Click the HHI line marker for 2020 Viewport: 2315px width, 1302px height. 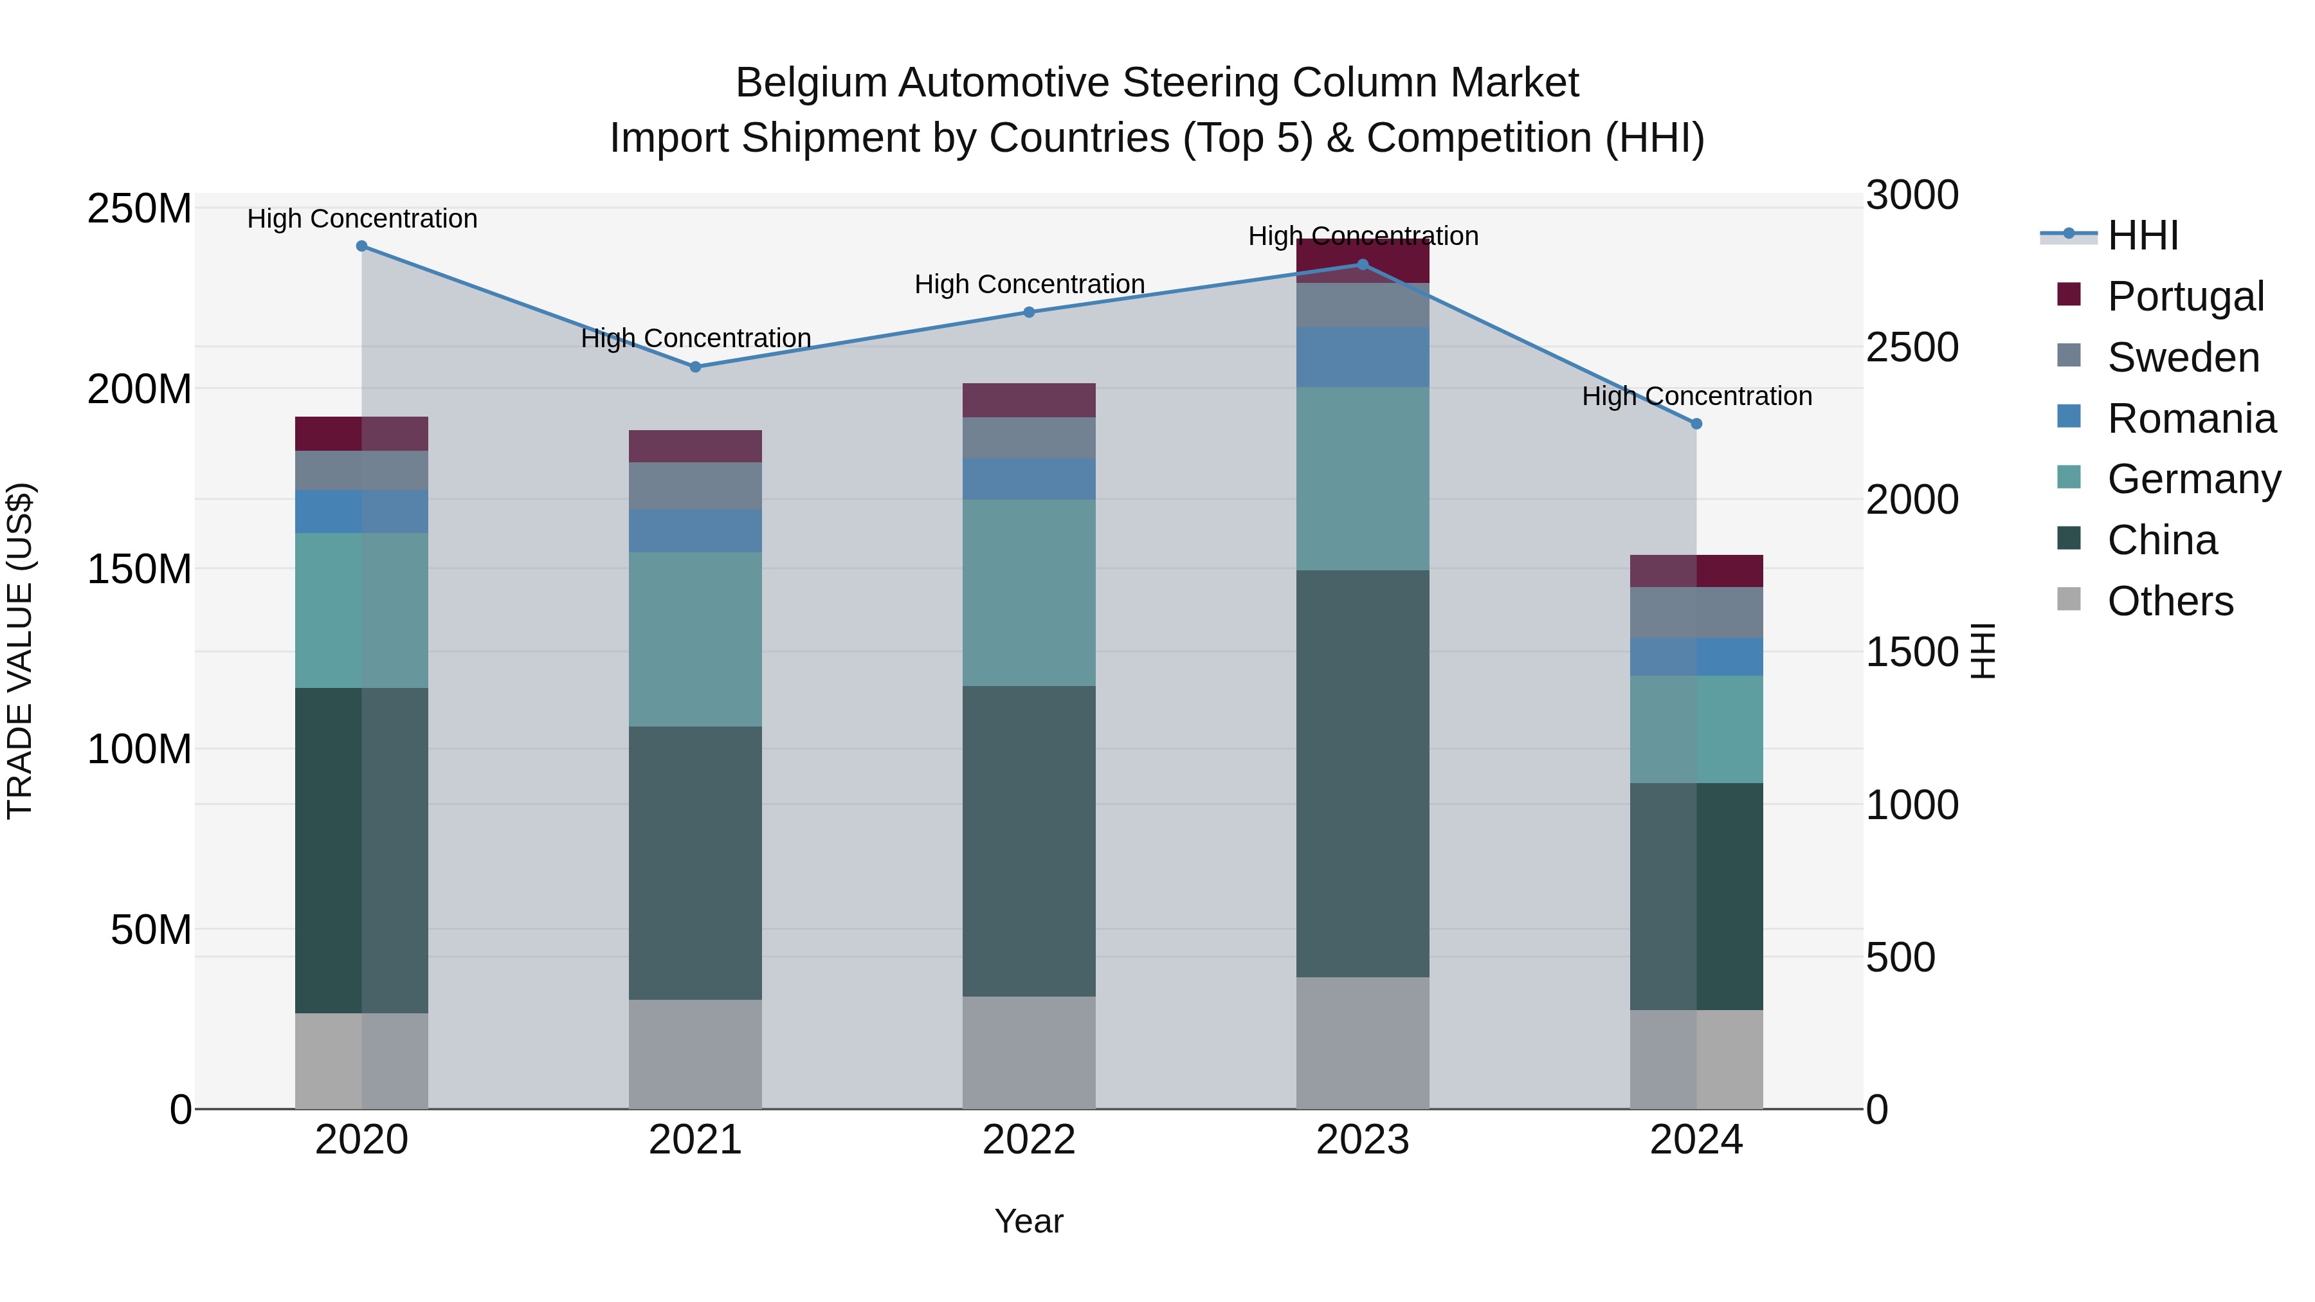click(x=361, y=246)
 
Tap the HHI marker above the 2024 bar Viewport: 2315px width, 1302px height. click(x=1696, y=423)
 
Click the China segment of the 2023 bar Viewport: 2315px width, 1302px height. click(x=1363, y=773)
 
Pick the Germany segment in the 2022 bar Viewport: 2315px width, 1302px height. click(x=1029, y=592)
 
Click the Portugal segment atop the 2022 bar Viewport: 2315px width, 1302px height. click(x=1029, y=400)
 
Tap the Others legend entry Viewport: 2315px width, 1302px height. click(x=2170, y=601)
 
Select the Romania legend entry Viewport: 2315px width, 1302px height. click(x=2191, y=419)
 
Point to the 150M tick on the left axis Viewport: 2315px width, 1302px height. click(x=140, y=569)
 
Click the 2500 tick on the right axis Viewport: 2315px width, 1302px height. click(x=1912, y=348)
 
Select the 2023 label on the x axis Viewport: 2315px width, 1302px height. click(x=1363, y=1140)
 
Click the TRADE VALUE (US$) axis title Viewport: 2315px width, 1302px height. click(x=20, y=651)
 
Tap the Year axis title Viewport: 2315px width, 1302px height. click(x=1029, y=1221)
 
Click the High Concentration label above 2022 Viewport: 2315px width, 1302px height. click(x=1029, y=284)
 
